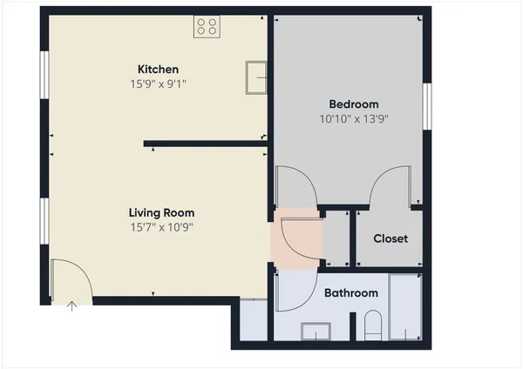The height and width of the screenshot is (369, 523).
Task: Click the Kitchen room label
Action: pos(158,70)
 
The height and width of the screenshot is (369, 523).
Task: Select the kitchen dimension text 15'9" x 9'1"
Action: pos(158,84)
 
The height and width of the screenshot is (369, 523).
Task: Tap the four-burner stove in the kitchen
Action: pos(207,27)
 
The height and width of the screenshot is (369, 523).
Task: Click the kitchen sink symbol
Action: pos(256,76)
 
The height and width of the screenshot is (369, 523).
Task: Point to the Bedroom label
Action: pos(353,104)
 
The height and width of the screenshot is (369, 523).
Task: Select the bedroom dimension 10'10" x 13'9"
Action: pos(353,119)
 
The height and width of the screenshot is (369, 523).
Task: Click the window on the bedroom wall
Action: pos(427,106)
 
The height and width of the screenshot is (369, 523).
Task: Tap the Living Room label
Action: pos(161,212)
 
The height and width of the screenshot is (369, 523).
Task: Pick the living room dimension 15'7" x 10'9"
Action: pos(161,227)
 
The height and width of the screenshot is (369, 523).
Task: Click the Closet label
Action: pos(390,238)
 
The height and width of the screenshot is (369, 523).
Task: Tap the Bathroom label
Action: pos(350,293)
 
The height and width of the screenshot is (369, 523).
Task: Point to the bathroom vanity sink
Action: pos(316,331)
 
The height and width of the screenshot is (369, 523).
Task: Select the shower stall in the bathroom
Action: pos(405,306)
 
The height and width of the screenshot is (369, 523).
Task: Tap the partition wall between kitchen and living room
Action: pos(205,144)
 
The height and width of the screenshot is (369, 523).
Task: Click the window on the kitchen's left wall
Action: pos(43,77)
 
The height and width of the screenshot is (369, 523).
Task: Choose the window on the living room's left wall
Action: pos(43,222)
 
